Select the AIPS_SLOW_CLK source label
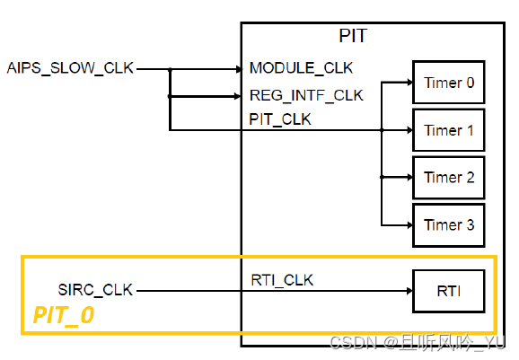(x=70, y=68)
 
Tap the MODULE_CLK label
(x=301, y=68)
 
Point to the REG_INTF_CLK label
(x=305, y=95)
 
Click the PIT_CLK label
(x=280, y=119)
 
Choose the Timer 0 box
(x=448, y=83)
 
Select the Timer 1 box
(x=448, y=130)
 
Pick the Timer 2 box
(x=448, y=178)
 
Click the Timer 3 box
(x=448, y=224)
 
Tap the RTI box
(x=448, y=291)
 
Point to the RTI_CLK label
(x=282, y=280)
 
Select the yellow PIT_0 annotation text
(x=64, y=315)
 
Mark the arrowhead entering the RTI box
(x=407, y=291)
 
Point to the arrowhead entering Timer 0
(x=407, y=83)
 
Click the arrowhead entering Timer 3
(x=407, y=224)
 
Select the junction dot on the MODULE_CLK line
(x=169, y=68)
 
